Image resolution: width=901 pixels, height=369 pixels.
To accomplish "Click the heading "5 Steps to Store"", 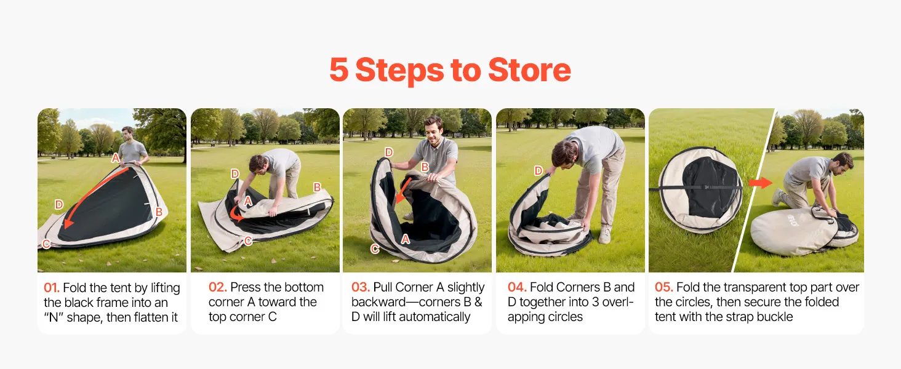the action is pyautogui.click(x=450, y=70).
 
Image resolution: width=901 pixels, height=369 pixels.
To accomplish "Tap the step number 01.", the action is pyautogui.click(x=52, y=288).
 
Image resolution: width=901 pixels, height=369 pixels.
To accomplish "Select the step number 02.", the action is pyautogui.click(x=218, y=287).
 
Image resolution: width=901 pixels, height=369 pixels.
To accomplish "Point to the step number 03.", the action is pyautogui.click(x=361, y=287).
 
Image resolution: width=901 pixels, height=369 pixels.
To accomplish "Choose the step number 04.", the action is pyautogui.click(x=517, y=287).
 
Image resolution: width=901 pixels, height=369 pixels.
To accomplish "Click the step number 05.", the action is pyautogui.click(x=663, y=287).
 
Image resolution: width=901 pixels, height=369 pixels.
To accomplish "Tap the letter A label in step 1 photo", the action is pyautogui.click(x=116, y=158).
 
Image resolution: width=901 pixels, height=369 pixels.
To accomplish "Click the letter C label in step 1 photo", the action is pyautogui.click(x=47, y=244).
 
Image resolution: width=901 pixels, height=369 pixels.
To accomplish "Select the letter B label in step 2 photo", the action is pyautogui.click(x=318, y=187).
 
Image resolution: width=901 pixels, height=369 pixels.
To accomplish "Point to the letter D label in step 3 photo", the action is pyautogui.click(x=389, y=152).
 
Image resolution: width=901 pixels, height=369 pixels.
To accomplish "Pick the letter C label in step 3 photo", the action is pyautogui.click(x=375, y=249).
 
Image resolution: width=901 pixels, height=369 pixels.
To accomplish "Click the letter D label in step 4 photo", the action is pyautogui.click(x=538, y=171).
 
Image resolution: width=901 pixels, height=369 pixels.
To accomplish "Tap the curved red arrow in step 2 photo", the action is pyautogui.click(x=236, y=215).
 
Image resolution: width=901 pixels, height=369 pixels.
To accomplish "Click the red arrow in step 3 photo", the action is pyautogui.click(x=404, y=191).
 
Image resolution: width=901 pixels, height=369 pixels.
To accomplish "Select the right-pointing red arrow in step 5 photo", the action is pyautogui.click(x=760, y=183).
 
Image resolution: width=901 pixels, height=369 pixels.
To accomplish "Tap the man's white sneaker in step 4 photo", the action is pyautogui.click(x=605, y=235).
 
